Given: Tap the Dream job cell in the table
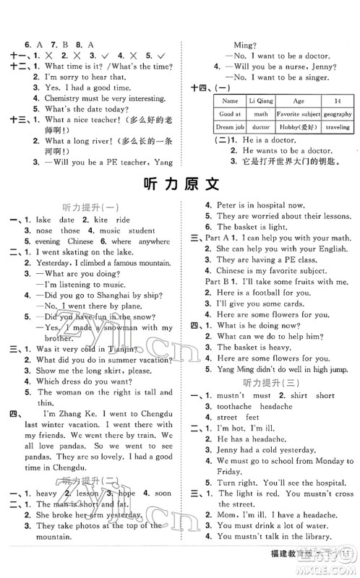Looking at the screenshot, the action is pos(230,126).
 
